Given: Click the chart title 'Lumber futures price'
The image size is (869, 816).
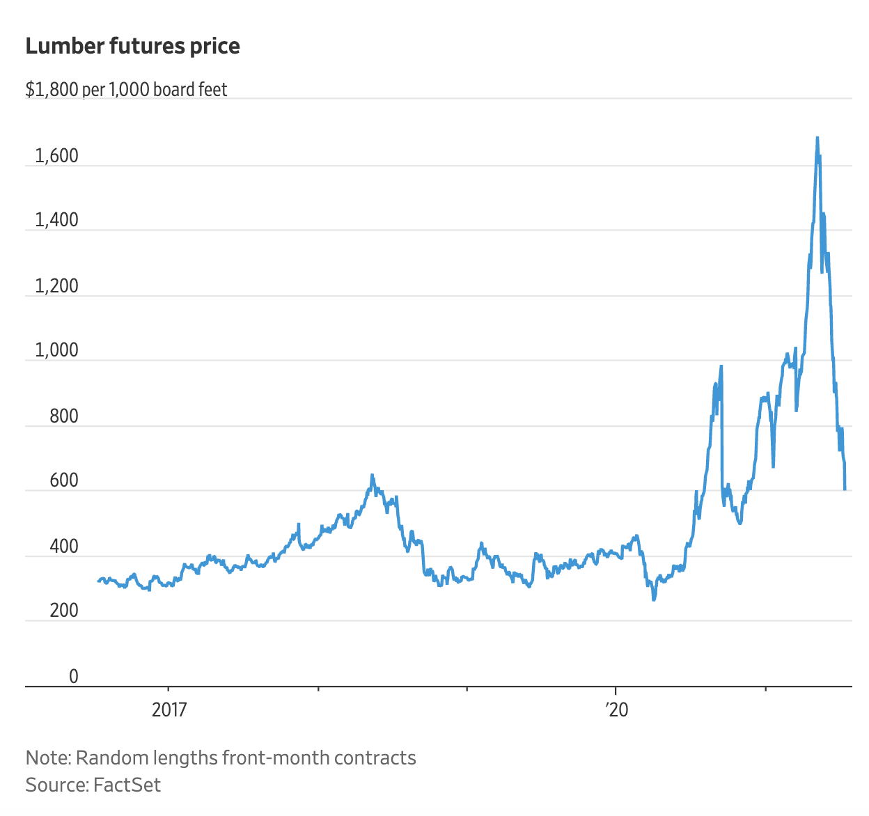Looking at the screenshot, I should point(132,46).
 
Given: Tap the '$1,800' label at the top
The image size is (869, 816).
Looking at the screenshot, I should point(52,90).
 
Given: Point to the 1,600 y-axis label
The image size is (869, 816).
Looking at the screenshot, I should point(57,156).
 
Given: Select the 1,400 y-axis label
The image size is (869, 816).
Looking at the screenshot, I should point(57,220).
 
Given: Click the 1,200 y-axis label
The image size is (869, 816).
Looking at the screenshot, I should point(57,285).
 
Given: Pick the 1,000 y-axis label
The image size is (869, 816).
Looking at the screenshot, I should point(57,350).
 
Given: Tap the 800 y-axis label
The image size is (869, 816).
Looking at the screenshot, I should point(64,416).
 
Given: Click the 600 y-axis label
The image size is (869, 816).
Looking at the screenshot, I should point(64,480).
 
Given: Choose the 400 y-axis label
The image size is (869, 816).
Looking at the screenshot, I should point(64,547).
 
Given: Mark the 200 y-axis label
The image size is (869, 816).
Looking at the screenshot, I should point(64,611).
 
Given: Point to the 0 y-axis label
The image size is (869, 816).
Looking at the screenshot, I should point(73,676).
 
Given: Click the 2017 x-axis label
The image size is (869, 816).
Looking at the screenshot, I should point(169,709).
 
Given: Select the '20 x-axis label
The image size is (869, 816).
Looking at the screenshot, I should point(616,709).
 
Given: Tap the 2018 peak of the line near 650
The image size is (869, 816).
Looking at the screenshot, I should point(372,476).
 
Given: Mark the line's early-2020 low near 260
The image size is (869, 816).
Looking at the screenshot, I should point(653,599).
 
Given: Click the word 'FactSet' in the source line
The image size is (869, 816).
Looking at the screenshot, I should point(127,785).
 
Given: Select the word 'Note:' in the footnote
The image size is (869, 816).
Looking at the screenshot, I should point(47,758).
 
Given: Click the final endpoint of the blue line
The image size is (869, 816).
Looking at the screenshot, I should point(845,489).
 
